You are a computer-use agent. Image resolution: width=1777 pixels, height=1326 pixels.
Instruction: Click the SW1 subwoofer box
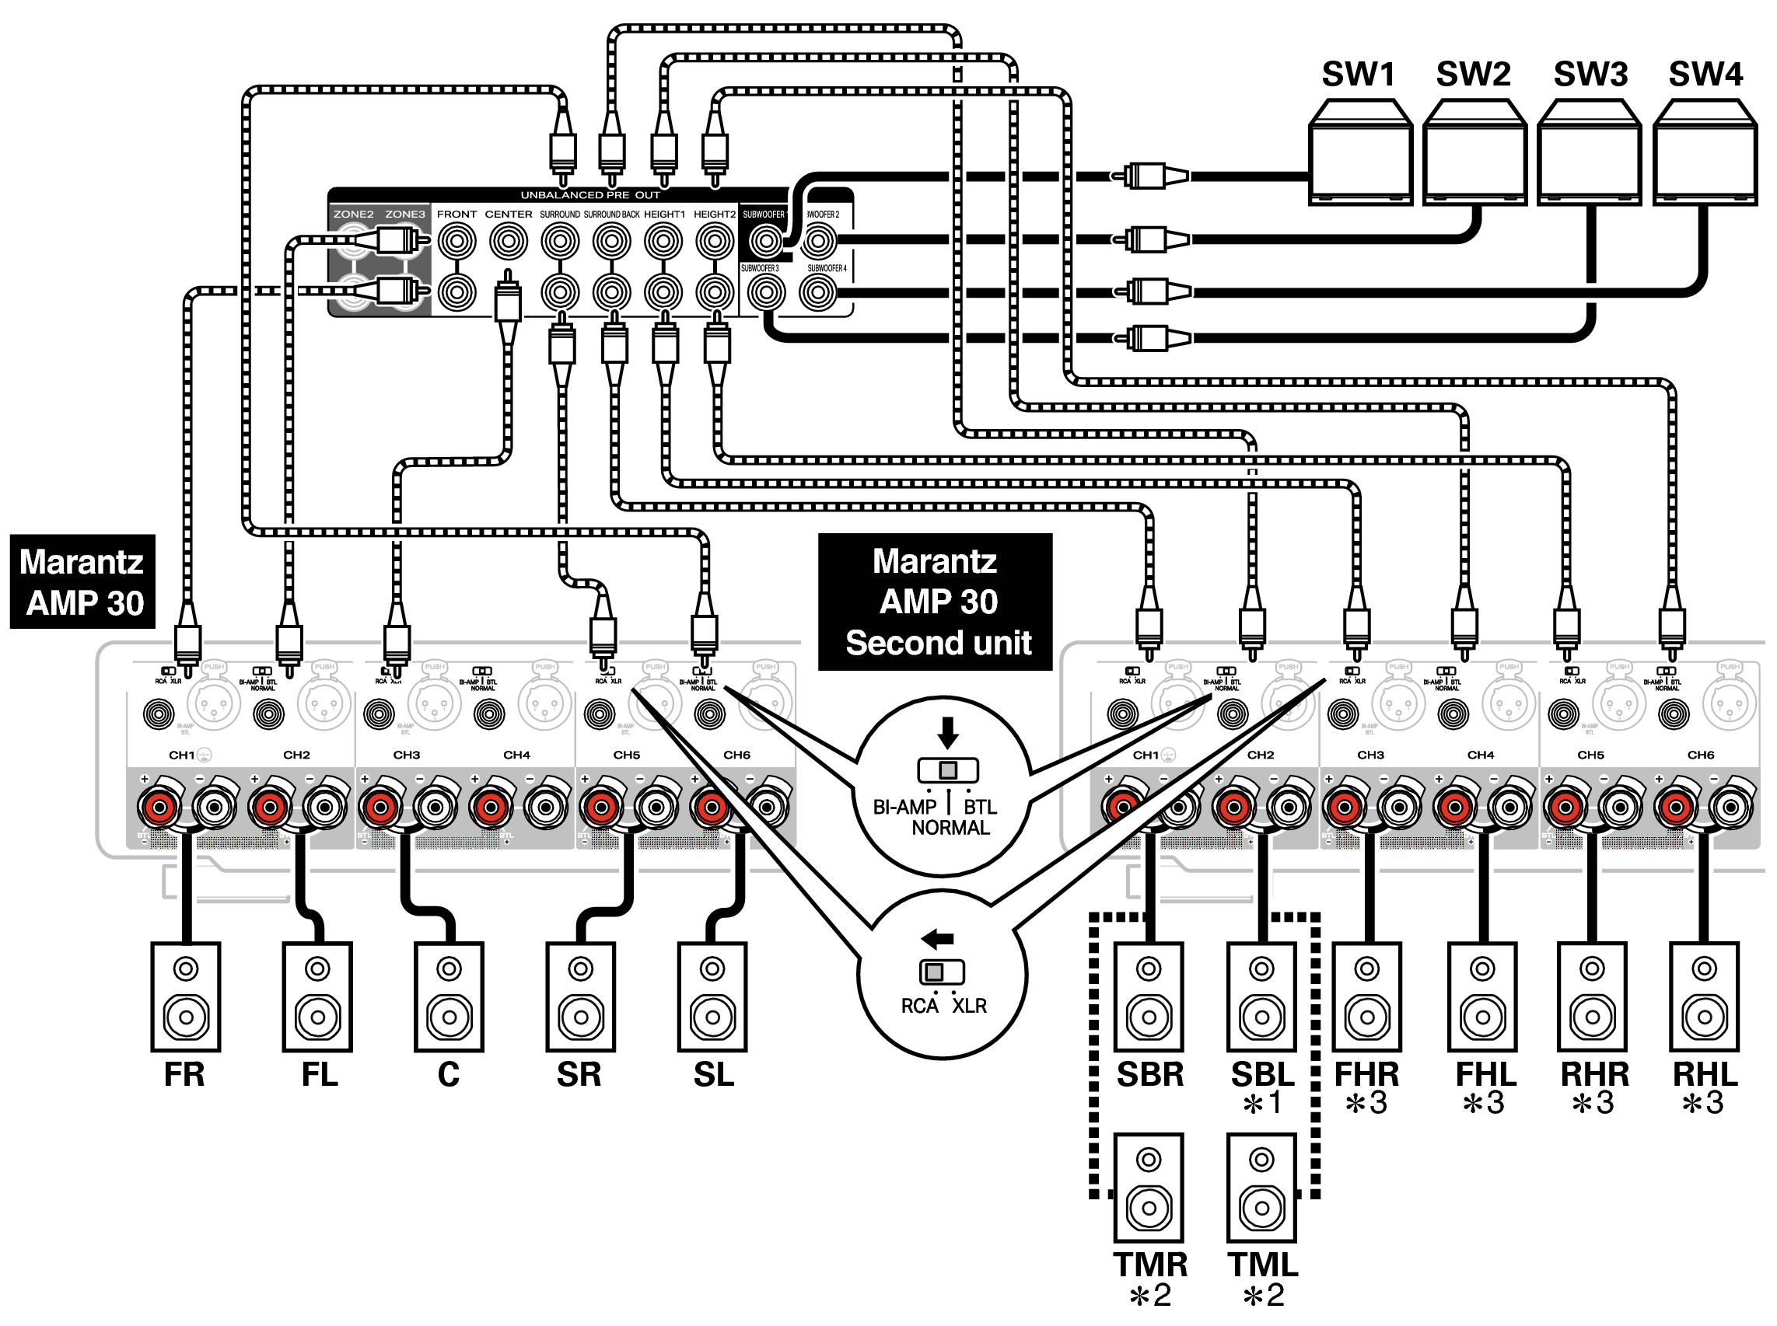pyautogui.click(x=1359, y=152)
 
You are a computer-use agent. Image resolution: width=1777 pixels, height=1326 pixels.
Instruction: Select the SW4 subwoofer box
pyautogui.click(x=1705, y=152)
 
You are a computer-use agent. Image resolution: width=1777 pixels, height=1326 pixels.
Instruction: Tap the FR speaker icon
pyautogui.click(x=186, y=996)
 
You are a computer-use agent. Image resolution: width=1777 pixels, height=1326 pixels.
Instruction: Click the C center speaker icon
pyautogui.click(x=449, y=996)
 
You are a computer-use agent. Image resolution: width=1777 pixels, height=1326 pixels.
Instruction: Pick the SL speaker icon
pyautogui.click(x=712, y=996)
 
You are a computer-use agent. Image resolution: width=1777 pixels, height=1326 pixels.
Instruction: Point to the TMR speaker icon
pyautogui.click(x=1149, y=1187)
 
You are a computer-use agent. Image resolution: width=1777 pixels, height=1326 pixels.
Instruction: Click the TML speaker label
pyautogui.click(x=1262, y=1264)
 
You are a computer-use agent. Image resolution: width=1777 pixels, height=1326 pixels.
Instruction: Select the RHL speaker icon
pyautogui.click(x=1704, y=996)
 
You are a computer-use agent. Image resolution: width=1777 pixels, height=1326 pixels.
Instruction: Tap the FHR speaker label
pyautogui.click(x=1366, y=1074)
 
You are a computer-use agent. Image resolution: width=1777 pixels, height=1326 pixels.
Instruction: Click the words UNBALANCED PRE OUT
pyautogui.click(x=590, y=195)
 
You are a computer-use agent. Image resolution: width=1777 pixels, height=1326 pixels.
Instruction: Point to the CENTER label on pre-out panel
pyautogui.click(x=509, y=215)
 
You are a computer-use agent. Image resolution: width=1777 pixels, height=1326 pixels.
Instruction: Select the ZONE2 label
pyautogui.click(x=353, y=215)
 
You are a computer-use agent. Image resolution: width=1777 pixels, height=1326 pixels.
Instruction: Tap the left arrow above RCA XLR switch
pyautogui.click(x=938, y=938)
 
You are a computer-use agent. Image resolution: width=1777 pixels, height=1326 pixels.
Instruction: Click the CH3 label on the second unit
pyautogui.click(x=1371, y=755)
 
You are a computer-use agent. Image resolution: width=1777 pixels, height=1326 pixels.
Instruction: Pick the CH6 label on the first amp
pyautogui.click(x=736, y=755)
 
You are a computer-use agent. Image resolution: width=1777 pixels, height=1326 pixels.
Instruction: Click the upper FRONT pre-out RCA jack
pyautogui.click(x=457, y=241)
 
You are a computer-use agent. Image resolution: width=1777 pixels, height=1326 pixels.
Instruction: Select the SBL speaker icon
pyautogui.click(x=1261, y=996)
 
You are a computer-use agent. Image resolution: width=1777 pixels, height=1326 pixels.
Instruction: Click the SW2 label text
pyautogui.click(x=1474, y=74)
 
